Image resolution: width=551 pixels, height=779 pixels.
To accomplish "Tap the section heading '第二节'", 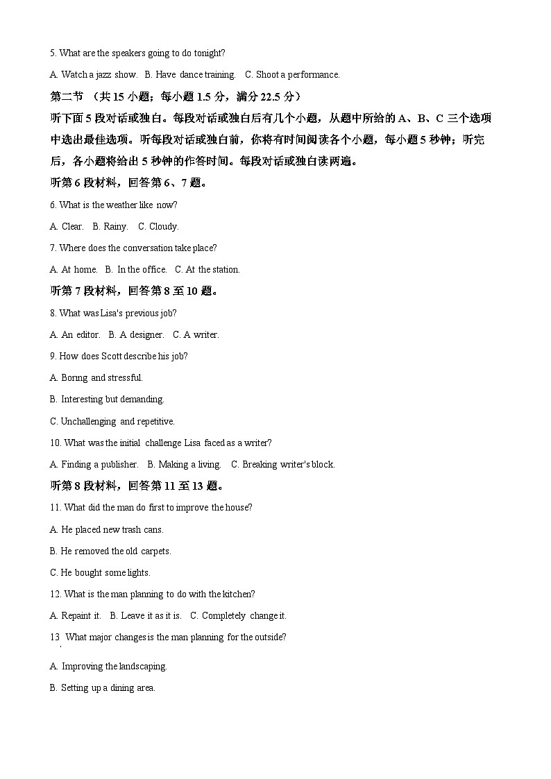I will point(67,96).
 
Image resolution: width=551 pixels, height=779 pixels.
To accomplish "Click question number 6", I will point(53,205).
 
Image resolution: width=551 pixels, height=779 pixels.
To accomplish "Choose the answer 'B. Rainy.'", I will point(110,226).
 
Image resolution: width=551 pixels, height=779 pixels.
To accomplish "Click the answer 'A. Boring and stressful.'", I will point(96,377).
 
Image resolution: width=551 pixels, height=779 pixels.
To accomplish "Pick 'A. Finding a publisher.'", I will point(94,464).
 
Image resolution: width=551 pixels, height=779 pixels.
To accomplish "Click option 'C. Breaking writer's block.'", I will point(283,464).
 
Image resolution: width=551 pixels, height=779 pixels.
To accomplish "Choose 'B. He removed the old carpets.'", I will point(110,551).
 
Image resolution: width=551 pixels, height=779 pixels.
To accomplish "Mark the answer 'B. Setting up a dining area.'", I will point(103,687).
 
